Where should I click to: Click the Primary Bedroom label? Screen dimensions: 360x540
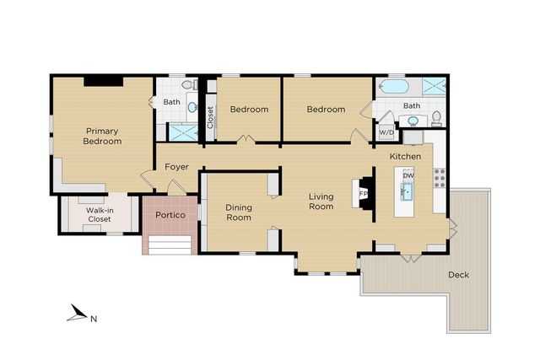click(102, 136)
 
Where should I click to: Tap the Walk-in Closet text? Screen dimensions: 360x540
click(100, 215)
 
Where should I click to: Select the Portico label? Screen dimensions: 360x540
click(170, 214)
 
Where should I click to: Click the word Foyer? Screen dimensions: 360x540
click(176, 166)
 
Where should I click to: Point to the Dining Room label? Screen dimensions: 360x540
click(238, 212)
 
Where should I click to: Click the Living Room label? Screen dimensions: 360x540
click(321, 201)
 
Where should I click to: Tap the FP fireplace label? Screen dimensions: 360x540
click(363, 194)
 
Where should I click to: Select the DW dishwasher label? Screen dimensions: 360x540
click(408, 175)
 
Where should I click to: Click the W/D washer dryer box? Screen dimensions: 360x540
click(386, 132)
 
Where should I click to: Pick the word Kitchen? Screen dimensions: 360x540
click(405, 157)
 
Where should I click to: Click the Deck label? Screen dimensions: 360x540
click(458, 275)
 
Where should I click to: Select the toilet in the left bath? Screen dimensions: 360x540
click(191, 85)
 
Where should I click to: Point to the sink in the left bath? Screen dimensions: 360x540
click(192, 107)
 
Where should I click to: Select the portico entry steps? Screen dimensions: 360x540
click(170, 244)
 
